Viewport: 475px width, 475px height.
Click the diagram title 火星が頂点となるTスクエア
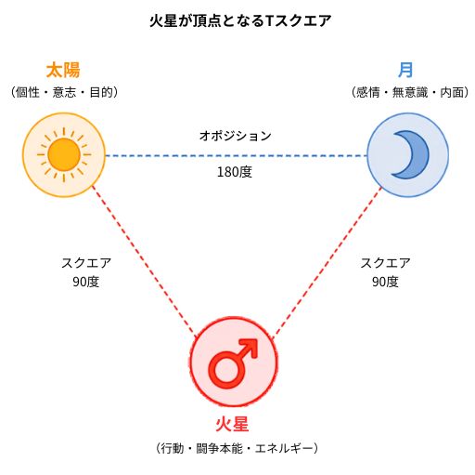[x=240, y=21]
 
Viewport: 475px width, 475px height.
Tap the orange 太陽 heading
[x=63, y=70]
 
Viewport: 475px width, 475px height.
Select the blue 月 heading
[x=405, y=70]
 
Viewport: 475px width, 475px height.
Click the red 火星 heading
[x=232, y=424]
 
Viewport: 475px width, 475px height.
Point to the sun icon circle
[x=64, y=154]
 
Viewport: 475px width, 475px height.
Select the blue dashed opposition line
[x=237, y=155]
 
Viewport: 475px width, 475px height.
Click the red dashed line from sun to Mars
[x=144, y=261]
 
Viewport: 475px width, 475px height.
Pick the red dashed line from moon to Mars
[x=327, y=262]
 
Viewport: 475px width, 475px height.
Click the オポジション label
[x=236, y=136]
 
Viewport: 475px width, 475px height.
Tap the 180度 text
[x=235, y=172]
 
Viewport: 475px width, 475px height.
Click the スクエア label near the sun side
[x=86, y=263]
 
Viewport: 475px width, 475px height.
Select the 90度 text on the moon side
[x=385, y=282]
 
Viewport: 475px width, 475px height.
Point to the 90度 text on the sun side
[x=86, y=282]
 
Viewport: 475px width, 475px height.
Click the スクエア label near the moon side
[x=385, y=263]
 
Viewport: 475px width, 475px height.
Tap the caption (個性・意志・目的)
[x=64, y=92]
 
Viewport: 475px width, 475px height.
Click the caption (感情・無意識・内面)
[x=410, y=92]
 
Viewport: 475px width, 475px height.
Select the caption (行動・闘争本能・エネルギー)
[x=237, y=448]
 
